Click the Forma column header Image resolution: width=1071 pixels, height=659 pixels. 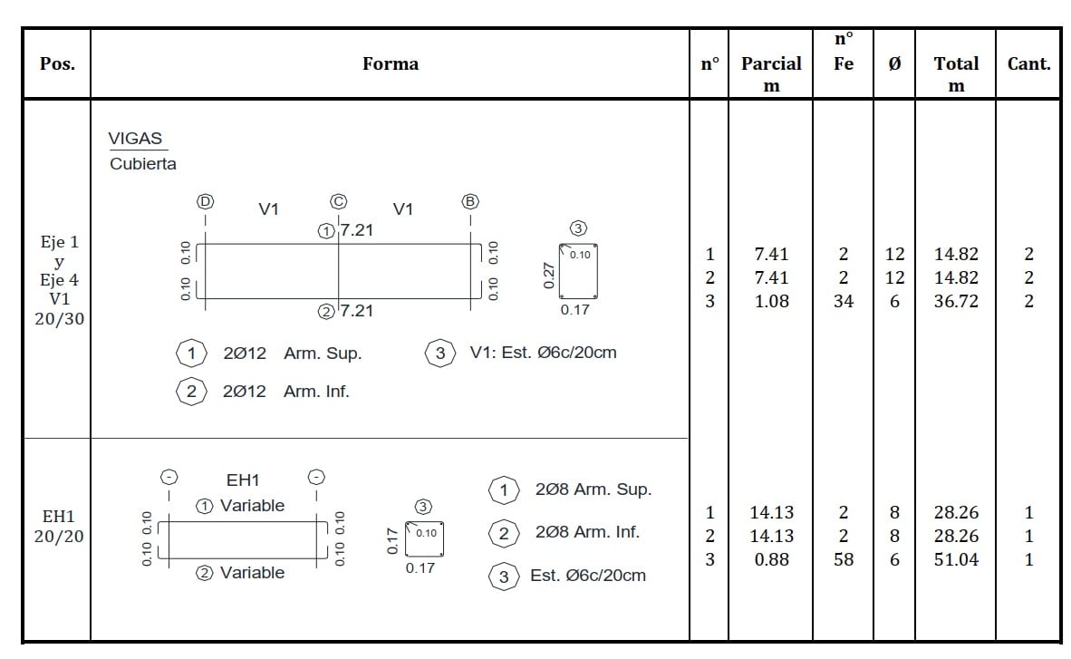pyautogui.click(x=390, y=63)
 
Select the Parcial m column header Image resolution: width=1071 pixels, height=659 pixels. pyautogui.click(x=771, y=73)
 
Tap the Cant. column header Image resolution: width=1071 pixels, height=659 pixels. pyautogui.click(x=1028, y=63)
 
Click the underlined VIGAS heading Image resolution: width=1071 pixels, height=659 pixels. pyautogui.click(x=135, y=139)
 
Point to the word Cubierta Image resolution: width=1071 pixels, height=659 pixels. pyautogui.click(x=143, y=164)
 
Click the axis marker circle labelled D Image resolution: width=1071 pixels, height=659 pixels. pyautogui.click(x=205, y=201)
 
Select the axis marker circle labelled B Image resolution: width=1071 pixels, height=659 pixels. pyautogui.click(x=470, y=201)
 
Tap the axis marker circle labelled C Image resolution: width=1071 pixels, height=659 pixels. pyautogui.click(x=338, y=201)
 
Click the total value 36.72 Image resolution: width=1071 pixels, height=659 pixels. pyautogui.click(x=956, y=301)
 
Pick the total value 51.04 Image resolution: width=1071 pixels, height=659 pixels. pyautogui.click(x=956, y=559)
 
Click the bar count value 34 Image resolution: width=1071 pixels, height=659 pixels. pyautogui.click(x=844, y=301)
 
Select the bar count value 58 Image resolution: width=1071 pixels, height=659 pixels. pyautogui.click(x=844, y=559)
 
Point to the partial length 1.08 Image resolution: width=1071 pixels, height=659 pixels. pyautogui.click(x=772, y=301)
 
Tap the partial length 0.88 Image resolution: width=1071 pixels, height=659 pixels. pyautogui.click(x=772, y=559)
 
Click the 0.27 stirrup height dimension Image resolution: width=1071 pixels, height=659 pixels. pyautogui.click(x=548, y=275)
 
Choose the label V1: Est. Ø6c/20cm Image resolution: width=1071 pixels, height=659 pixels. pyautogui.click(x=543, y=353)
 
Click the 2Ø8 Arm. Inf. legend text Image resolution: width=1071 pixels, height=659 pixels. pyautogui.click(x=587, y=532)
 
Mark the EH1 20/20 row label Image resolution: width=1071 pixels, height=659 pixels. pyautogui.click(x=59, y=527)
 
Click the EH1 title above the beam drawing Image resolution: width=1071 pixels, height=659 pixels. pyautogui.click(x=243, y=480)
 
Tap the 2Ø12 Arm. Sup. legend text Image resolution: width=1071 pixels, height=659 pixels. pyautogui.click(x=293, y=354)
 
